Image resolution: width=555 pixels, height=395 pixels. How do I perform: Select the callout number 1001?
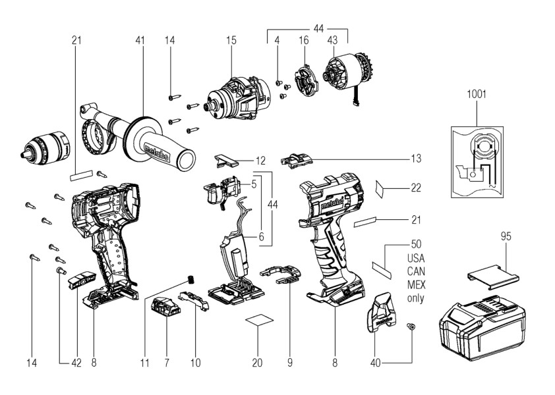pyautogui.click(x=477, y=94)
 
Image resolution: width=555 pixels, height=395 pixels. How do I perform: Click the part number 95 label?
pyautogui.click(x=505, y=235)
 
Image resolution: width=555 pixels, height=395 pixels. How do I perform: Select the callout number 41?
pyautogui.click(x=140, y=41)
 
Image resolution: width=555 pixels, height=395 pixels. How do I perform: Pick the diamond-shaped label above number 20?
pyautogui.click(x=258, y=320)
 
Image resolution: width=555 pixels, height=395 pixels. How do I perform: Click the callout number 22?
pyautogui.click(x=415, y=188)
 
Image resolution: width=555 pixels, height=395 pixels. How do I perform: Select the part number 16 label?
pyautogui.click(x=303, y=41)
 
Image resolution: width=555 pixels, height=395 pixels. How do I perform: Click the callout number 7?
pyautogui.click(x=165, y=362)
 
